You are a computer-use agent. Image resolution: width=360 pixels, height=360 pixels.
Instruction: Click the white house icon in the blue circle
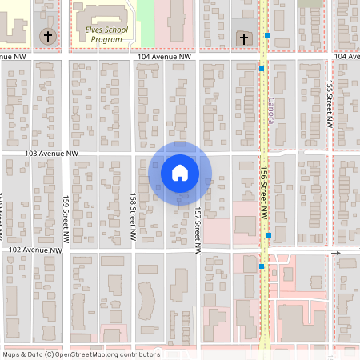(180, 172)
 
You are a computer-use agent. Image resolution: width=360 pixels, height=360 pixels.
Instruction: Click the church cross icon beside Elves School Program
(47, 37)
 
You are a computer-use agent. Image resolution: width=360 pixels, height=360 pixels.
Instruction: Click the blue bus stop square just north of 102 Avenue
(269, 235)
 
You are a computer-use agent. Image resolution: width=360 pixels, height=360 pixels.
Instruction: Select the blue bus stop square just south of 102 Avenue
(262, 266)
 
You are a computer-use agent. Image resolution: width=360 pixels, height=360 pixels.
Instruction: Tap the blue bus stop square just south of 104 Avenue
(262, 70)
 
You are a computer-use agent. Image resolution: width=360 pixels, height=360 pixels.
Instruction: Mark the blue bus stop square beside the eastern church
(269, 36)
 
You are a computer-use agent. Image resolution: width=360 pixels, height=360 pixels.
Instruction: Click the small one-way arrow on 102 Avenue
(337, 254)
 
